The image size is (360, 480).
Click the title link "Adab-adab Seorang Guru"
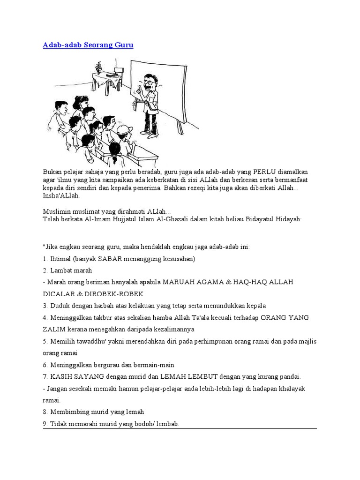(88, 45)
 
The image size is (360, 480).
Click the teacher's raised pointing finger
(140, 86)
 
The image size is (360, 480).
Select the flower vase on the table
(98, 67)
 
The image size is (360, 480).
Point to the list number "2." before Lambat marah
(45, 270)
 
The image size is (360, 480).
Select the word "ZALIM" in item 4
(54, 329)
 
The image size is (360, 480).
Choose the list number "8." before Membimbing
(45, 412)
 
